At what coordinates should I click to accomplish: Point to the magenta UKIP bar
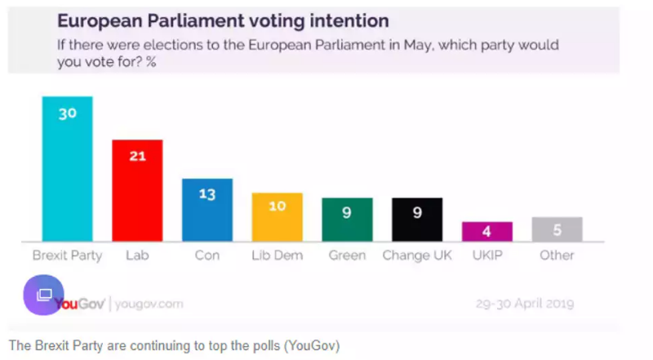(487, 231)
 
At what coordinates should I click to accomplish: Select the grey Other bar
(557, 229)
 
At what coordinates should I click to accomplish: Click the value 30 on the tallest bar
(67, 113)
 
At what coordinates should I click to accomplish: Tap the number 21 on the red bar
(137, 156)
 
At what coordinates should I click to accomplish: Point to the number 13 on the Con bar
(207, 194)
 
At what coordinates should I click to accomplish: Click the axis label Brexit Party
(67, 256)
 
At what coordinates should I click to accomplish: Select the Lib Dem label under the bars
(278, 256)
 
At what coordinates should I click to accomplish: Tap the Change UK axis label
(417, 256)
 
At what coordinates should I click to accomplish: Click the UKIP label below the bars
(487, 256)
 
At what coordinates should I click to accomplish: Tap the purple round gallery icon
(42, 294)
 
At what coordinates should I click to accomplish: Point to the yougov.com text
(149, 304)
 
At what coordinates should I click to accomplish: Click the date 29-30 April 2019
(525, 304)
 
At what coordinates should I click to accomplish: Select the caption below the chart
(174, 345)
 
